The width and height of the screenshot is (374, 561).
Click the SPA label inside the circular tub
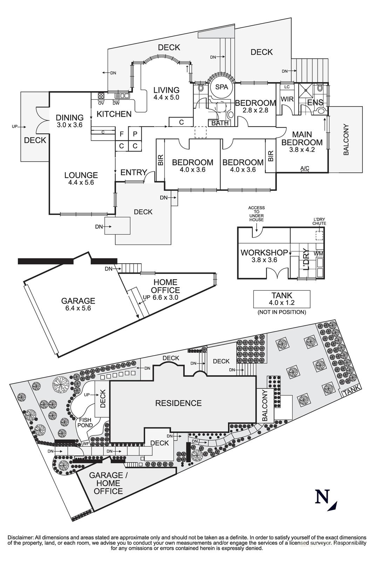(222, 87)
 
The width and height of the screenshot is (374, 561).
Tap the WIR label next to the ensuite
(287, 99)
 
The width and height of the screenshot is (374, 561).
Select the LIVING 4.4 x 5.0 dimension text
(166, 97)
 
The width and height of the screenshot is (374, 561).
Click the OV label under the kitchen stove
(101, 103)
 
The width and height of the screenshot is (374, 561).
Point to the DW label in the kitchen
(116, 103)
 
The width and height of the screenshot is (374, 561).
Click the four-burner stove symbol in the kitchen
(101, 96)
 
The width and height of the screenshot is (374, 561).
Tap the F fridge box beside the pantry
(122, 134)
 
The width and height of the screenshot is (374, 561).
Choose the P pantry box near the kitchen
(135, 134)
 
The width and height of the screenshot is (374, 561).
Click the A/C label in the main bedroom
(305, 168)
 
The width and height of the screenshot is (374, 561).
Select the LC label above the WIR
(287, 87)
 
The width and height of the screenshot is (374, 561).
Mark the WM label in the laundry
(319, 254)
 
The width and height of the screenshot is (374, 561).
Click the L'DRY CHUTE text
(319, 221)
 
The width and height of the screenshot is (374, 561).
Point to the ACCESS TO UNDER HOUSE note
(256, 214)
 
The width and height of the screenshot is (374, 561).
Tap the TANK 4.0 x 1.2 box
(281, 299)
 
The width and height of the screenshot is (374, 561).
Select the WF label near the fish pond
(86, 444)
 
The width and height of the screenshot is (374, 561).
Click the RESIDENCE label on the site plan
(178, 403)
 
